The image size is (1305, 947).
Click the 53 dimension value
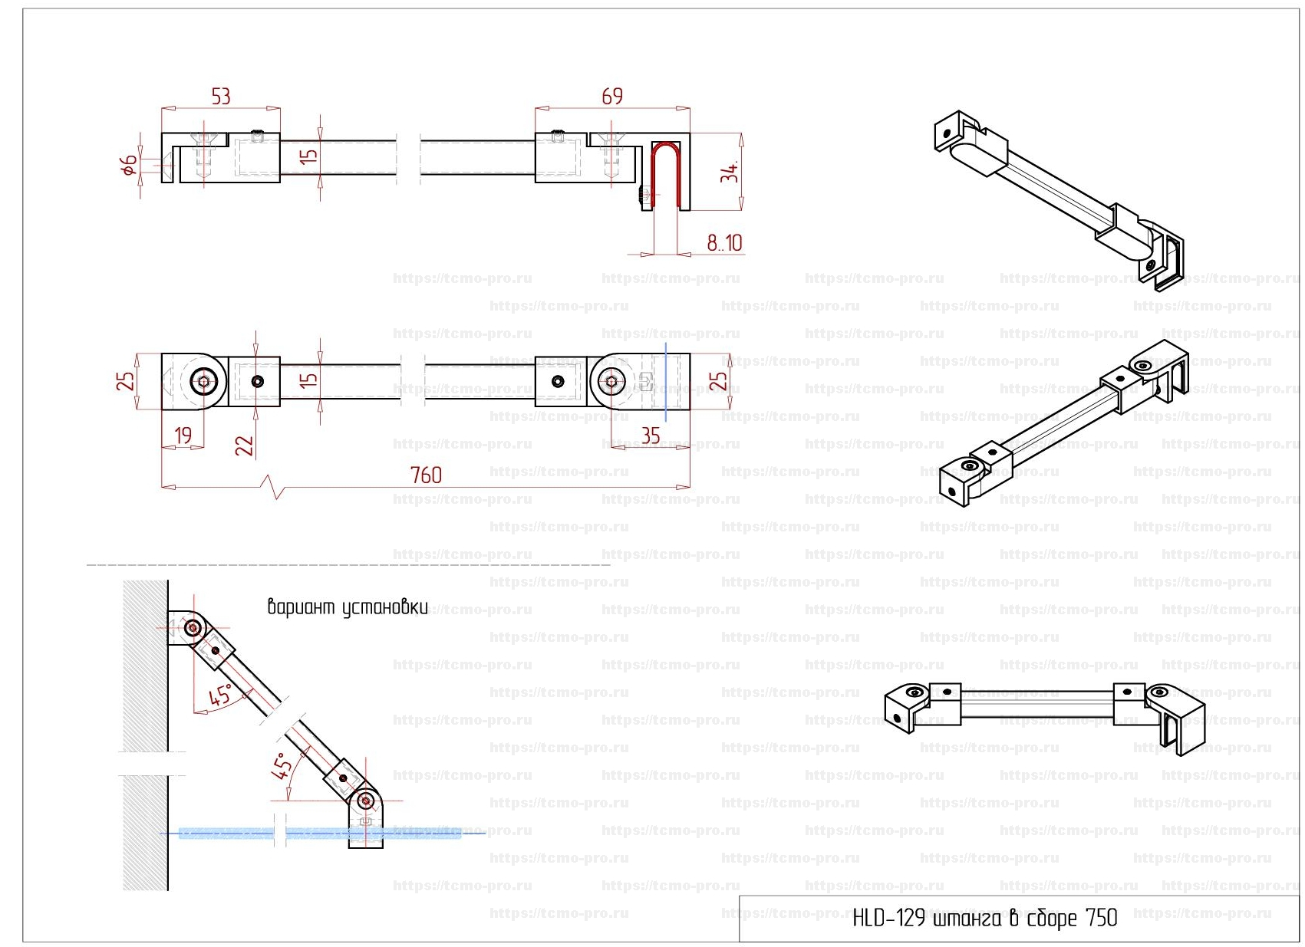point(221,97)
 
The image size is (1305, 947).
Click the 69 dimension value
point(612,97)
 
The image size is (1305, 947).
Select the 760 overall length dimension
point(426,475)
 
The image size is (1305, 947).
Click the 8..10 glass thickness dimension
point(724,243)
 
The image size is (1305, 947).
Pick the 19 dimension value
point(183,436)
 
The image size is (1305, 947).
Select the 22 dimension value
point(245,446)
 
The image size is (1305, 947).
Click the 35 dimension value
point(651,436)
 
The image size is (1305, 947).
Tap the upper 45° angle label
point(220,696)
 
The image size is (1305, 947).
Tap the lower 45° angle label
point(283,765)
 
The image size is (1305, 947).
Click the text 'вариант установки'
point(348,608)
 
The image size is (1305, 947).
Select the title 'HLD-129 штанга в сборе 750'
point(984,918)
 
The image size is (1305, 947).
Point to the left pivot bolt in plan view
point(204,381)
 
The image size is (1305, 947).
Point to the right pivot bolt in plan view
point(611,381)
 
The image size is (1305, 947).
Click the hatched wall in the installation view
point(145,690)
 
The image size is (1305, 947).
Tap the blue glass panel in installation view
point(230,833)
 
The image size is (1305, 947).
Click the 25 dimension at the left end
point(127,380)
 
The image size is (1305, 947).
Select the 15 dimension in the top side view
point(308,156)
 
